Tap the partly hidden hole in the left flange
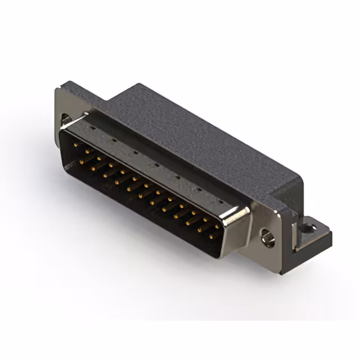point(66,119)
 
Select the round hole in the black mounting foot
point(309,228)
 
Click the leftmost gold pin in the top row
point(76,145)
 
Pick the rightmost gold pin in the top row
point(217,227)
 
